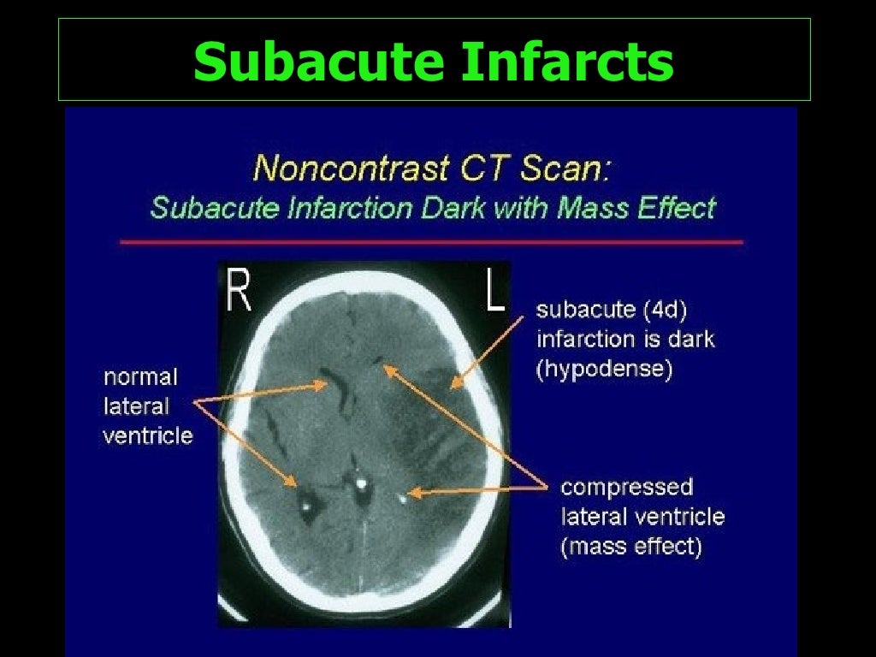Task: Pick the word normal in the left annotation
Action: pos(139,377)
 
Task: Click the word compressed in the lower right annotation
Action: pos(626,488)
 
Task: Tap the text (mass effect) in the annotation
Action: pos(630,547)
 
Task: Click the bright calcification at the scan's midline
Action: pos(361,484)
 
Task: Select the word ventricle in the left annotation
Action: pos(147,435)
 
